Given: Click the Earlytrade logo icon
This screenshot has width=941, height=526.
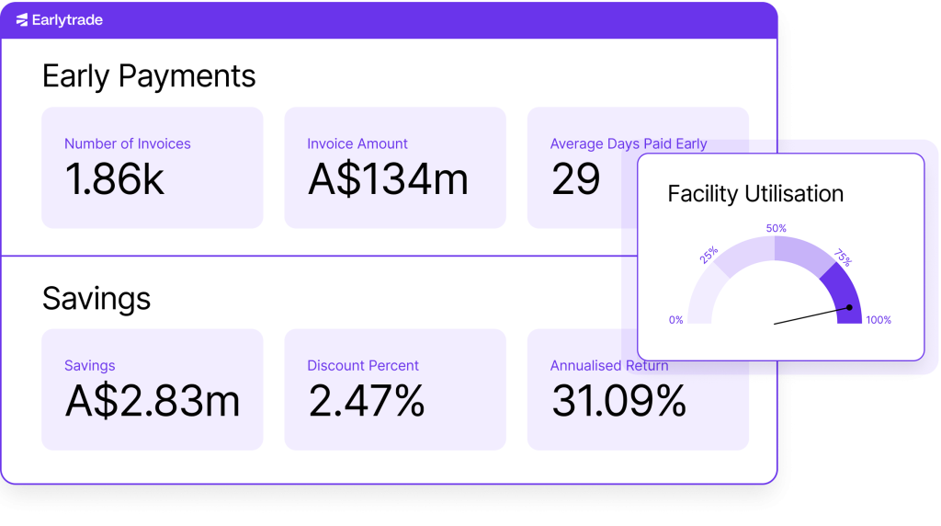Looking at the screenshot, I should click(22, 20).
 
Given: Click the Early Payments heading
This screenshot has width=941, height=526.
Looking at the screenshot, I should click(149, 76).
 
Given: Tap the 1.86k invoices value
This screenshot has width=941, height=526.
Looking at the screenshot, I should click(114, 179).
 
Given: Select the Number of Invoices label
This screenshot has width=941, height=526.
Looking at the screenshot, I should click(128, 143).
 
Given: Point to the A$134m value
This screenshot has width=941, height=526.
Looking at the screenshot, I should click(388, 179).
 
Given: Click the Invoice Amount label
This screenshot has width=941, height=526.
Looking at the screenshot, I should click(357, 143).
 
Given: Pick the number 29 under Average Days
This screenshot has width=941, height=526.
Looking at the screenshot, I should click(575, 179).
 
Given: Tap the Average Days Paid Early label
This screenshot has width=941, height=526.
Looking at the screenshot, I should click(629, 143).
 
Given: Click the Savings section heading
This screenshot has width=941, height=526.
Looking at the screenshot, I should click(96, 299).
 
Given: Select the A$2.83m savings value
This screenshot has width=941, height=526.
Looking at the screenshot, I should click(153, 401).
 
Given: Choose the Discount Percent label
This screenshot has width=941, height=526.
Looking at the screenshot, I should click(363, 365).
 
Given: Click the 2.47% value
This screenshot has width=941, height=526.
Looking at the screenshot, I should click(366, 401).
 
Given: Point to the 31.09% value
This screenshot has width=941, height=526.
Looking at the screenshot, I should click(618, 401).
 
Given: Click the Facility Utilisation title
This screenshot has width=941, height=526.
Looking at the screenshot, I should click(755, 194).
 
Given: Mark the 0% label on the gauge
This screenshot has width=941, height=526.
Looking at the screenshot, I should click(676, 320).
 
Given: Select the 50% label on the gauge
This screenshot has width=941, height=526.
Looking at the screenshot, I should click(776, 228).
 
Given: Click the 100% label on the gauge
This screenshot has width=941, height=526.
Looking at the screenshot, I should click(879, 320).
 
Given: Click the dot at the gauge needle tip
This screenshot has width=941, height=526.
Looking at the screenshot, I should click(850, 308).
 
